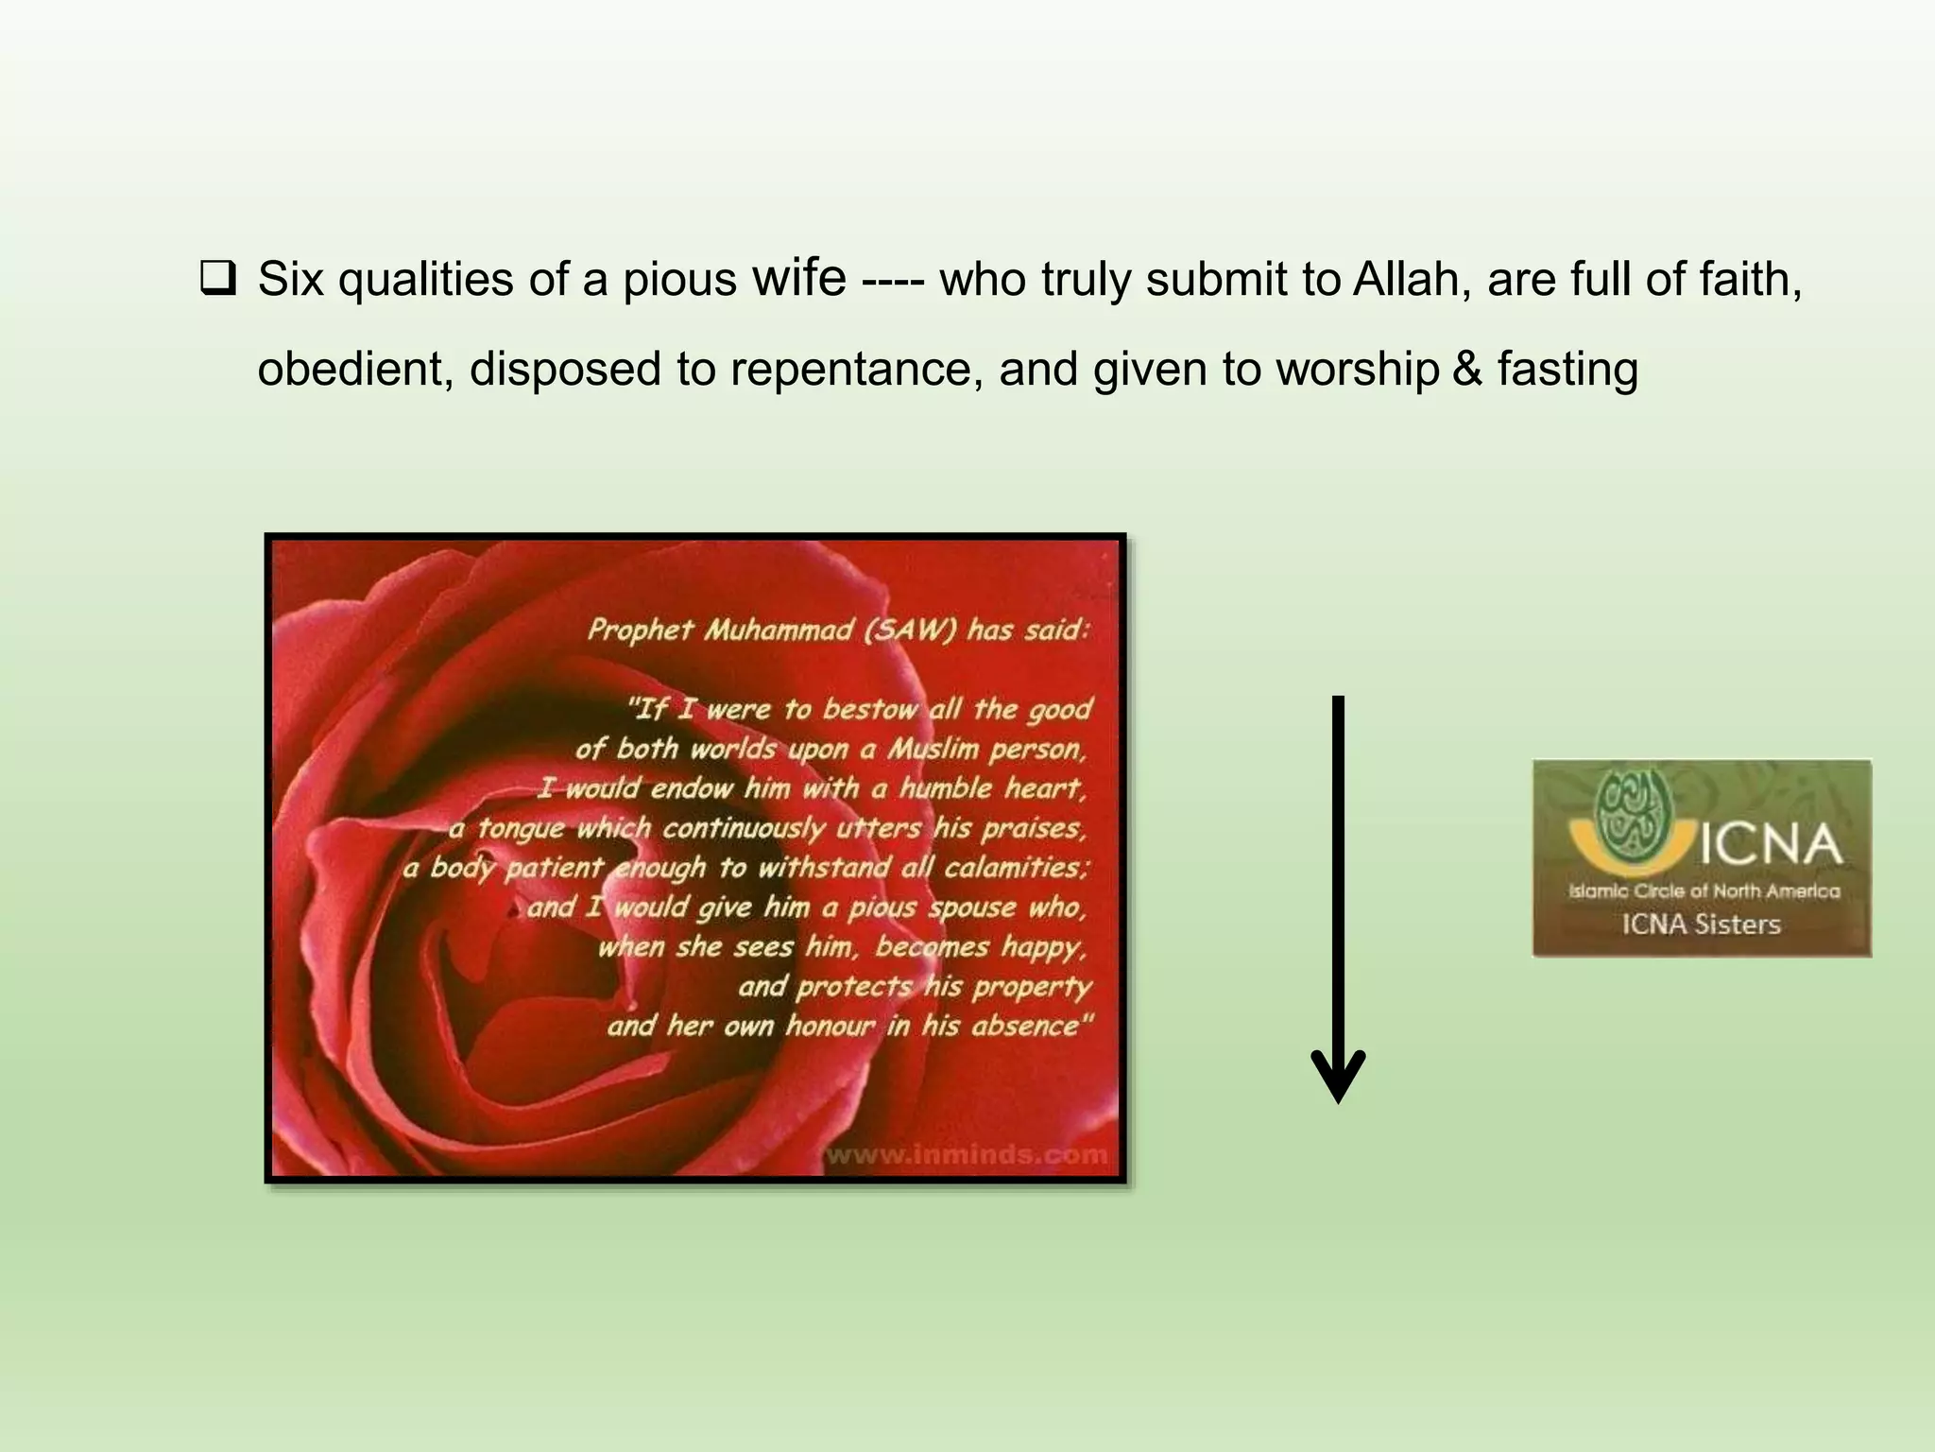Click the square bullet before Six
click(x=217, y=281)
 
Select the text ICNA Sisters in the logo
click(x=1701, y=925)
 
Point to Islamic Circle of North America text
click(x=1704, y=890)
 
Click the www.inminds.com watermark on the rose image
click(x=966, y=1154)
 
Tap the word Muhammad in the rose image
click(x=779, y=630)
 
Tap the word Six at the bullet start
click(x=291, y=281)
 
